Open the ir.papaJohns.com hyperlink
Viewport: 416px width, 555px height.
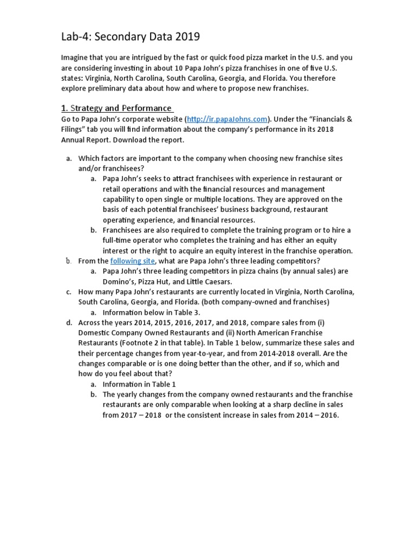coord(227,119)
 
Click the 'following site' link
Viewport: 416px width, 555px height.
coord(133,261)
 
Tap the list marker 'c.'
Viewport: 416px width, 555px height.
coord(69,292)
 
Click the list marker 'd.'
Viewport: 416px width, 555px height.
coord(69,322)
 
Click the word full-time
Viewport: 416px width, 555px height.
coord(119,240)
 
